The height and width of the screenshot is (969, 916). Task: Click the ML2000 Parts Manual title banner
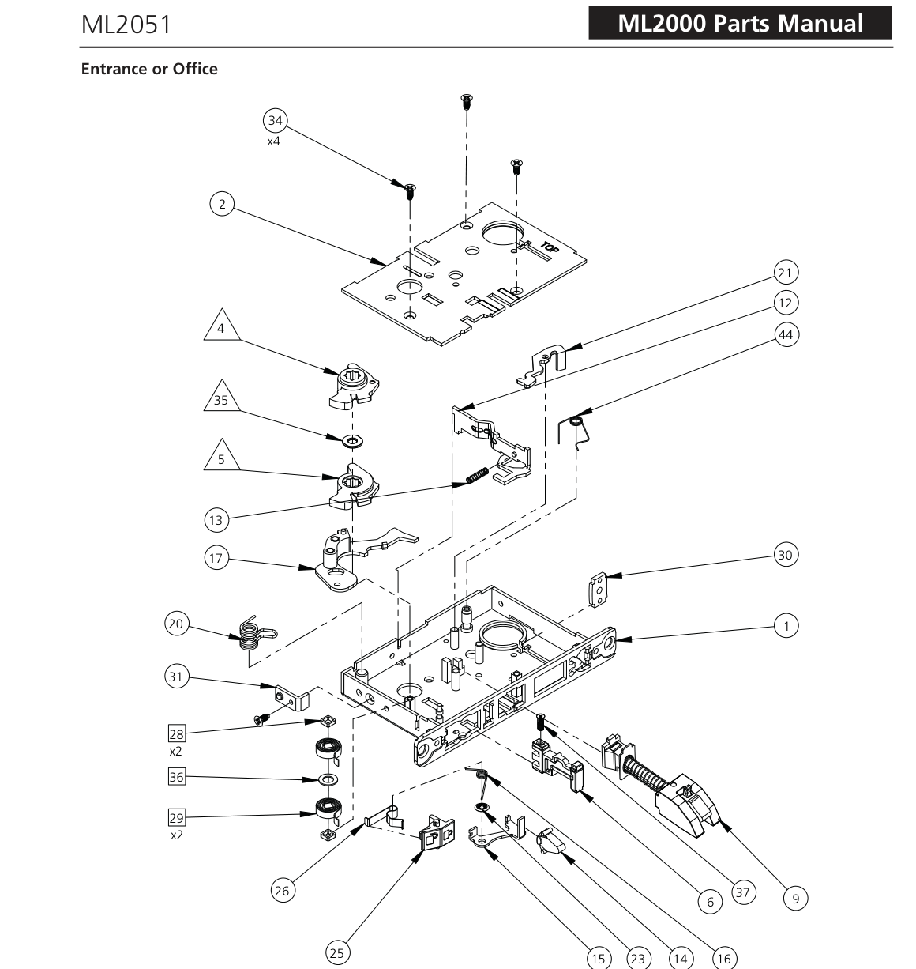(740, 23)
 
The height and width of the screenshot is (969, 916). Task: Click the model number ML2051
(126, 25)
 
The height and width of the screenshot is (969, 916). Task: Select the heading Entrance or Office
(149, 69)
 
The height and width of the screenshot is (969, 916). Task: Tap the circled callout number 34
(276, 120)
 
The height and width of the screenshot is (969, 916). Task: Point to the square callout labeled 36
(177, 777)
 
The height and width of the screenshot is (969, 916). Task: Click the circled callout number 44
(786, 334)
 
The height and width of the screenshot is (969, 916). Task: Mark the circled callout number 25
(337, 952)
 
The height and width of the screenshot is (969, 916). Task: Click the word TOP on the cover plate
(550, 247)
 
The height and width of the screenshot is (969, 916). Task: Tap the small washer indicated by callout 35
(352, 440)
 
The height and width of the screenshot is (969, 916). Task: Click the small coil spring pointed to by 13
(477, 475)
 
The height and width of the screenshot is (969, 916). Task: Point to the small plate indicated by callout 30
(599, 590)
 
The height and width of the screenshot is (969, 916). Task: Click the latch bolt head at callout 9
(686, 805)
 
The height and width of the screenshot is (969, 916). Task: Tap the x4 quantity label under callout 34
(273, 142)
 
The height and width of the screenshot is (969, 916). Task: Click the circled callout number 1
(786, 625)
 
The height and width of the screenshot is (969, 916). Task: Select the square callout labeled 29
(177, 818)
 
